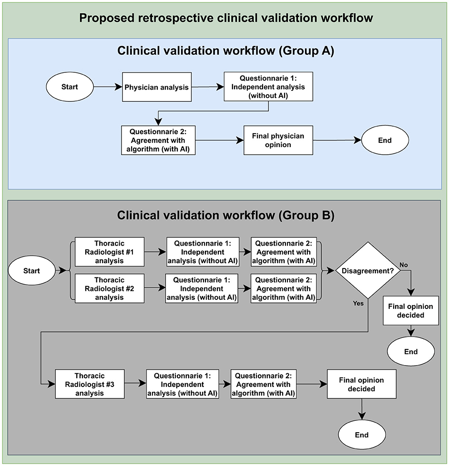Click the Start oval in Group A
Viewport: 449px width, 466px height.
click(x=70, y=87)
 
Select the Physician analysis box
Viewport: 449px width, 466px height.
click(x=157, y=87)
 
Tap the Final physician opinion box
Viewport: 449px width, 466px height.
click(x=278, y=140)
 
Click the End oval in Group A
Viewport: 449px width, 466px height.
click(x=385, y=140)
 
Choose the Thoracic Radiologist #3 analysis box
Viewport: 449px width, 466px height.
click(x=90, y=384)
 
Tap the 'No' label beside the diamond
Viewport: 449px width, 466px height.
click(x=404, y=265)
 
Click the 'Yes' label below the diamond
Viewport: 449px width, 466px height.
click(x=358, y=303)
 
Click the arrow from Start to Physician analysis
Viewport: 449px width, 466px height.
click(x=108, y=87)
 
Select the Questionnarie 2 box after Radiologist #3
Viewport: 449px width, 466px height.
click(x=264, y=384)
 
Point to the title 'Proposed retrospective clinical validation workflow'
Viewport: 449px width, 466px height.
click(x=225, y=18)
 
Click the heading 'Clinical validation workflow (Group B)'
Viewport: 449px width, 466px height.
click(x=225, y=215)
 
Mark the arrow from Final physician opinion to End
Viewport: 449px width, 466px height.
click(x=337, y=140)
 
